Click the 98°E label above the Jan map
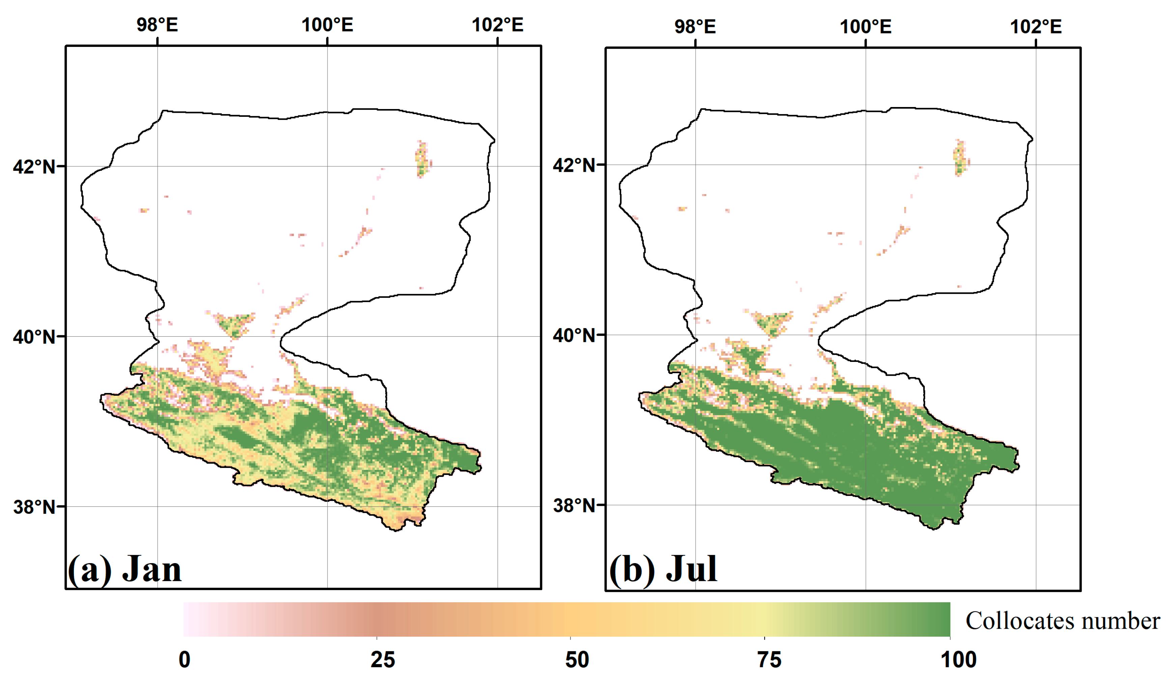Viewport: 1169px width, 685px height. [157, 25]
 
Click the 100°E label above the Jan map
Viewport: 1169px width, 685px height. [328, 25]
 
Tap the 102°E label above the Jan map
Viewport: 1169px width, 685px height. [497, 25]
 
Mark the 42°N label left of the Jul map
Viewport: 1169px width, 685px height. [574, 165]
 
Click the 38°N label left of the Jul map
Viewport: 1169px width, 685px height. [574, 505]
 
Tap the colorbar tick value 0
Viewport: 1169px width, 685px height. [185, 659]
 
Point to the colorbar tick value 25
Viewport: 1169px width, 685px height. [383, 659]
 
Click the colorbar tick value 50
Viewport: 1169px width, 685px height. [577, 659]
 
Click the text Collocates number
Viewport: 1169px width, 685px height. [1062, 621]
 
